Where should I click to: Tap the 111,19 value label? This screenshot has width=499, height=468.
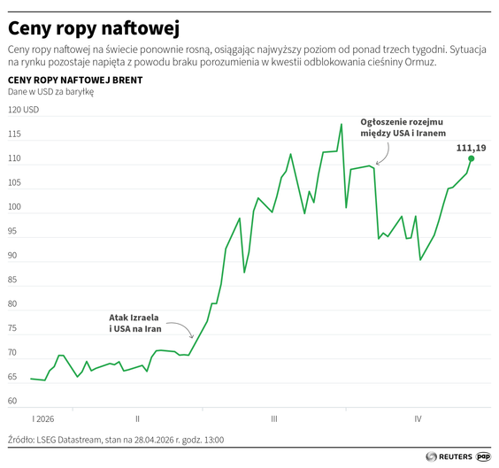click(x=471, y=147)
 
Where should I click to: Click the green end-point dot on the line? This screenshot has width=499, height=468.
click(x=471, y=158)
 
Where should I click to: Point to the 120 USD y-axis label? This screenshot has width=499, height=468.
click(x=24, y=111)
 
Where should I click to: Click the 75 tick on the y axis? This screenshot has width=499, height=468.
click(x=14, y=329)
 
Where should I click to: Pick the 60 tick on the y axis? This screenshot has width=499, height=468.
click(x=14, y=401)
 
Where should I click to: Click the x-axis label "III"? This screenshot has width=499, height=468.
click(x=274, y=418)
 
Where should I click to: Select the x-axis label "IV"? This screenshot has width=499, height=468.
click(x=418, y=418)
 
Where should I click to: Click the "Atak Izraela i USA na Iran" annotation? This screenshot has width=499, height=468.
click(x=134, y=322)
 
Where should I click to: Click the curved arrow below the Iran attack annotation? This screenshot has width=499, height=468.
click(x=183, y=330)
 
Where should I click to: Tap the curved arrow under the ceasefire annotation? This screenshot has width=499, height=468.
click(x=384, y=156)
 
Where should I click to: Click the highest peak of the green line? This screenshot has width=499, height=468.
click(x=341, y=125)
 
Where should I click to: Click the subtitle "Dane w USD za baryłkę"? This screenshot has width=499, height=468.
click(x=50, y=92)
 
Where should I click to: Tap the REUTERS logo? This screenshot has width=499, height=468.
click(x=449, y=456)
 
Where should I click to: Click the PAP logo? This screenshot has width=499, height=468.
click(x=484, y=456)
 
